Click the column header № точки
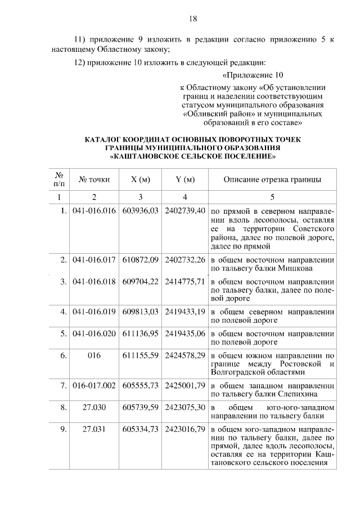tap(94, 180)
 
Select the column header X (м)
tap(141, 180)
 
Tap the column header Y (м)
tap(185, 180)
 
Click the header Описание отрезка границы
tap(273, 180)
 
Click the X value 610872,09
tap(141, 260)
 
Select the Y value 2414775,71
tap(185, 281)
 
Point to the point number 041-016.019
tap(94, 311)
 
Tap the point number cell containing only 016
tap(94, 355)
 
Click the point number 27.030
tap(94, 407)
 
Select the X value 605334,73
tap(141, 429)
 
